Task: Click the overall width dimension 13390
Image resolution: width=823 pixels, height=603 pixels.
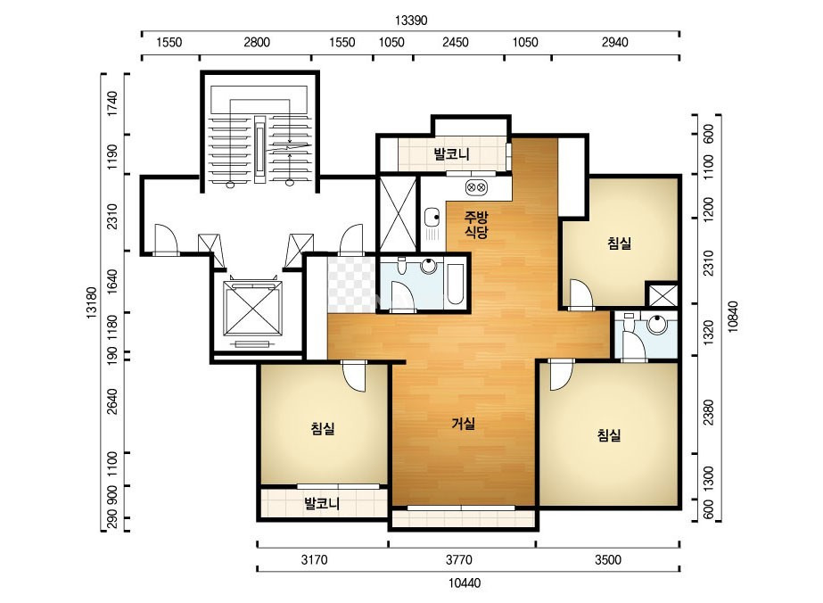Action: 411,21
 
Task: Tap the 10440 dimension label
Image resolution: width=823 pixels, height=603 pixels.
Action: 465,583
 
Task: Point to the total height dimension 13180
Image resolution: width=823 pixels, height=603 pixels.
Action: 91,302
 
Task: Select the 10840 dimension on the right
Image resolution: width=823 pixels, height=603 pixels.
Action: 733,316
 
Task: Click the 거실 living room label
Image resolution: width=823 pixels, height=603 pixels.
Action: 464,424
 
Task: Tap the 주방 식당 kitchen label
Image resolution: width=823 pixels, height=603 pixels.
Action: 476,224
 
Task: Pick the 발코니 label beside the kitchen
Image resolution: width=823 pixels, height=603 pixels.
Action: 451,154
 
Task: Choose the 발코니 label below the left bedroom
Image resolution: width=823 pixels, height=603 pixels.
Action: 322,504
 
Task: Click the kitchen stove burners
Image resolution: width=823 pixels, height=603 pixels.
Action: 476,186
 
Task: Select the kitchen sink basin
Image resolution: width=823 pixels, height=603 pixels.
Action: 432,217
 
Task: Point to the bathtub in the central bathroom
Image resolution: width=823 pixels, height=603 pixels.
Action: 455,284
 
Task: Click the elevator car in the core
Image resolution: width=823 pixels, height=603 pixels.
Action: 252,308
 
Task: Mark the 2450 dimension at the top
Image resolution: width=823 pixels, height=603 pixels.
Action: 455,42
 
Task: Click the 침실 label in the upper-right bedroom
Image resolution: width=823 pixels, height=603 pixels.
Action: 620,243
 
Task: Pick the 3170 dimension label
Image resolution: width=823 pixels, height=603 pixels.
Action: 314,560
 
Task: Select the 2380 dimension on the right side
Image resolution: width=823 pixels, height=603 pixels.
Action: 709,412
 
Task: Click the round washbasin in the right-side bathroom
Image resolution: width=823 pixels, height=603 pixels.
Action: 656,324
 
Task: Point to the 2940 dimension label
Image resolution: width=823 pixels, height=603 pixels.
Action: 614,42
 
